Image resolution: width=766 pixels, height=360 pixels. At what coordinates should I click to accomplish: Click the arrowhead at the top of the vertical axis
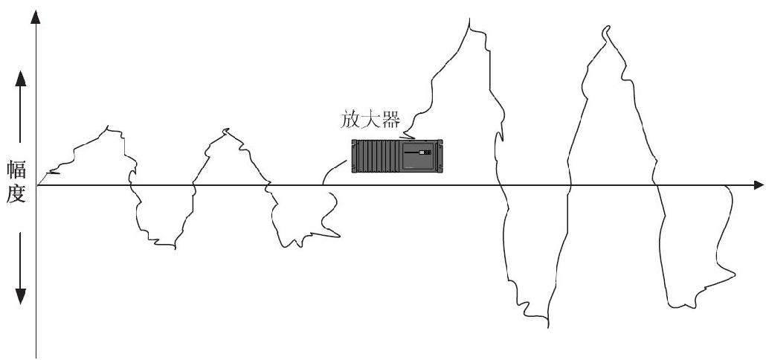coord(35,16)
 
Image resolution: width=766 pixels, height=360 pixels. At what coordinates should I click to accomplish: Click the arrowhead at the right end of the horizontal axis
coord(758,185)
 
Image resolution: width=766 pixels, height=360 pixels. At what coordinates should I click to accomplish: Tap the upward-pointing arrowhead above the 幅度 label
coord(20,78)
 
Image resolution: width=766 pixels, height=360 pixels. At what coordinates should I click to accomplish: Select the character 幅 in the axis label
coord(16,171)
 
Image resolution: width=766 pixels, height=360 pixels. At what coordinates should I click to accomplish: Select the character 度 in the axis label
coord(16,194)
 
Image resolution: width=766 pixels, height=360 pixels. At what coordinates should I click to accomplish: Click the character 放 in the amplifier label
coord(350,120)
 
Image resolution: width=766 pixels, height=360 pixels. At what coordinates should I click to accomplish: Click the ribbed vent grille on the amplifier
coord(376,155)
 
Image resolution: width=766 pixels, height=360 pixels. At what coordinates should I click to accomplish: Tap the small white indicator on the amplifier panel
coord(421,152)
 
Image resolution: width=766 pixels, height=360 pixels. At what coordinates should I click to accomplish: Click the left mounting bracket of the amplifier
coord(354,155)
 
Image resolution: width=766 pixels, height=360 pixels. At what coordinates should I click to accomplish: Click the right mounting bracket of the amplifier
coord(440,155)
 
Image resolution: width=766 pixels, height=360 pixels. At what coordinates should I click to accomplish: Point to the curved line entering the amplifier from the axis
coord(334,169)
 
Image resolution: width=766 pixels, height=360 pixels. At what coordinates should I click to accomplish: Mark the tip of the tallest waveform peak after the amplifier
coord(469,19)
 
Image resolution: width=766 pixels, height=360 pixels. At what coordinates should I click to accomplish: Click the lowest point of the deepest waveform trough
coord(547,327)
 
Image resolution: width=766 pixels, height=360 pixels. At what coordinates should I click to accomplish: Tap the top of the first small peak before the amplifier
coord(107,126)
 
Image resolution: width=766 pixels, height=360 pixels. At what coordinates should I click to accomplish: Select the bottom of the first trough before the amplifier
coord(175,248)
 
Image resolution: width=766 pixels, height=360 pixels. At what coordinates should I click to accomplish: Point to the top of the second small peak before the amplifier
coord(225,129)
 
